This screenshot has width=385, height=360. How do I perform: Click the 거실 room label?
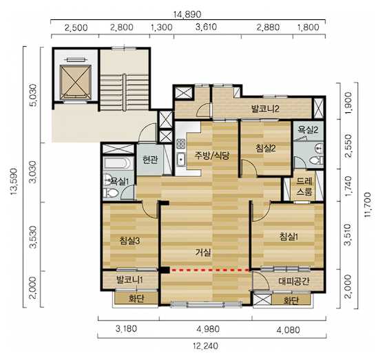coord(203,252)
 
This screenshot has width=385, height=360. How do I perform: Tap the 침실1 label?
coord(289,237)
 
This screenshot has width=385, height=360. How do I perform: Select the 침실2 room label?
coord(265,148)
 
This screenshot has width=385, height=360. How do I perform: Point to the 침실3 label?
coord(130,240)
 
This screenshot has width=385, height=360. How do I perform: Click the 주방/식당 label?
coord(212,155)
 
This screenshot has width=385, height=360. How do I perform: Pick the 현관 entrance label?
coord(150,160)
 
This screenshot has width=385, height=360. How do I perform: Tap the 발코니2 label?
coord(265,109)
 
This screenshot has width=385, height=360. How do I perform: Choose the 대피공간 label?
coord(294,282)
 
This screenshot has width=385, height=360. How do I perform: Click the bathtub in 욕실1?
coord(118,163)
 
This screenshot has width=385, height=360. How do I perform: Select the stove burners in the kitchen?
coord(181,145)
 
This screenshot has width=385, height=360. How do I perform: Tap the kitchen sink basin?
coord(181,160)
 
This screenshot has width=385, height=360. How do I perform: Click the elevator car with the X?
coord(76,81)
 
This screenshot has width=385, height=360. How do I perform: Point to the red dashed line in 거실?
coord(210,270)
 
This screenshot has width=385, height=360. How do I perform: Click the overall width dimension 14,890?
coord(187,14)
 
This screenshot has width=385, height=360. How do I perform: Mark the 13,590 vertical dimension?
coord(14,182)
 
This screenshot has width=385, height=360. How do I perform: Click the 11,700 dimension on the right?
coord(368,204)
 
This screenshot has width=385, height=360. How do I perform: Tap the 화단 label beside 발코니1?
coord(136,299)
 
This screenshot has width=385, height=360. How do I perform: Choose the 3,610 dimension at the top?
coord(206,27)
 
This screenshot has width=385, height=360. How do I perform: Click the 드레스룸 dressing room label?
coord(304,187)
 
